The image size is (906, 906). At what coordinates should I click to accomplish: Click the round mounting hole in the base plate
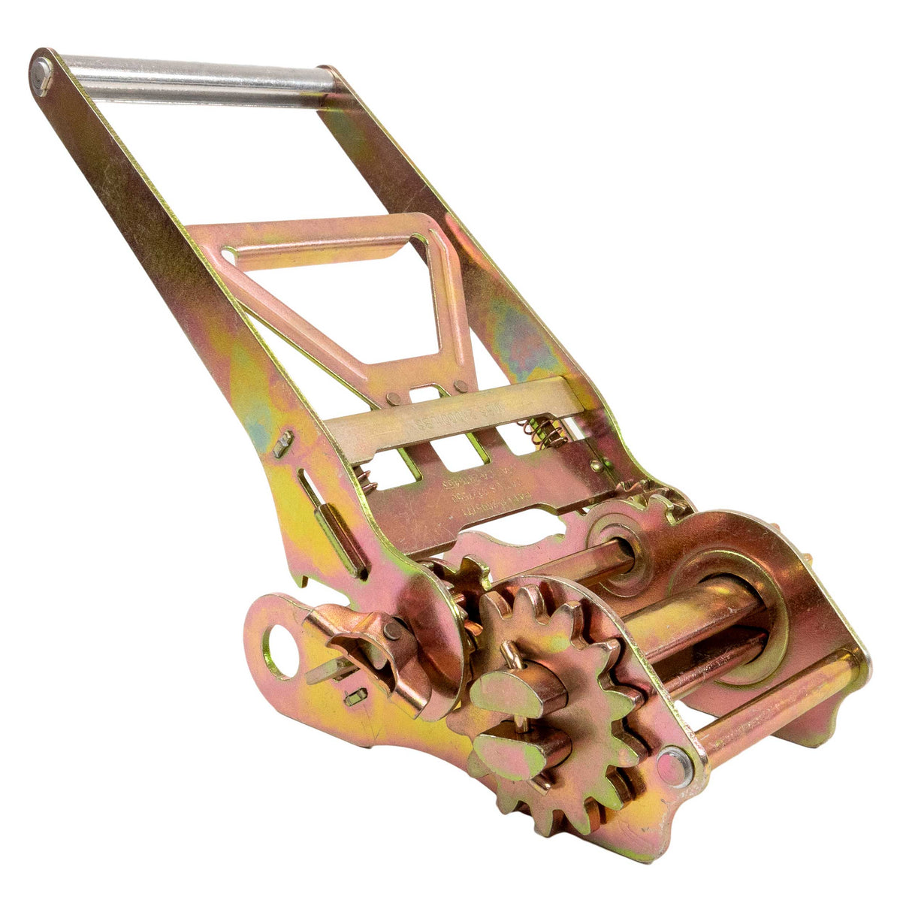click(x=279, y=648)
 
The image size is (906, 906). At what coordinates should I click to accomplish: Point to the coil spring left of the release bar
click(x=364, y=479)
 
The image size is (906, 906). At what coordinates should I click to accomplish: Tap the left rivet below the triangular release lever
click(x=391, y=397)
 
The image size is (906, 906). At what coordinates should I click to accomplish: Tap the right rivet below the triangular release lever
click(x=460, y=385)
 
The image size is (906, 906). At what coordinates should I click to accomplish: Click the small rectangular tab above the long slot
click(x=282, y=444)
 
